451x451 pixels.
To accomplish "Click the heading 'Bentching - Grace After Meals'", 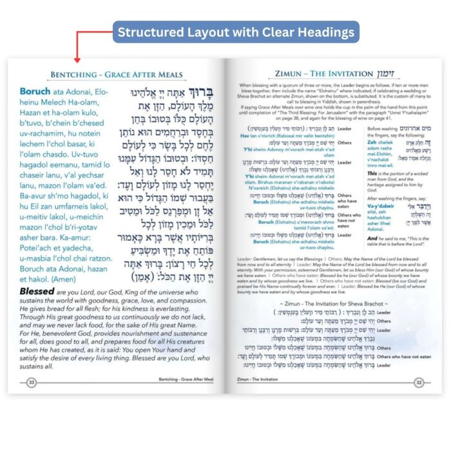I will point(115,75).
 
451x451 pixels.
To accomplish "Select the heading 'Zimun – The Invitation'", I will point(321,73).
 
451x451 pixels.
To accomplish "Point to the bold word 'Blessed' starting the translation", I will point(40,291).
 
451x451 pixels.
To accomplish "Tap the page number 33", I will point(30,382).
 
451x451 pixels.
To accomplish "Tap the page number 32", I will point(418,382).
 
